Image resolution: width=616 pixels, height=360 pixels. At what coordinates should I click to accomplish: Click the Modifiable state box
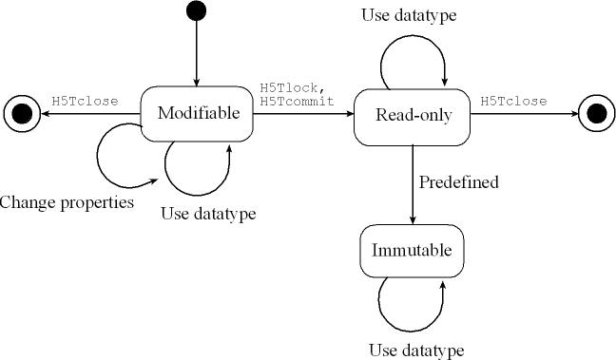(197, 114)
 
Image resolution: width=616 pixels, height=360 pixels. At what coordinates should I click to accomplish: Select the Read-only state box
(413, 118)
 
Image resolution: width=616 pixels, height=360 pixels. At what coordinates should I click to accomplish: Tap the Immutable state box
(413, 251)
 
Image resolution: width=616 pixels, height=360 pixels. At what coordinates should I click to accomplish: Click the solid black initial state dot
(196, 10)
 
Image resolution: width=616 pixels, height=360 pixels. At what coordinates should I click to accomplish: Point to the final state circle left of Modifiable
(22, 114)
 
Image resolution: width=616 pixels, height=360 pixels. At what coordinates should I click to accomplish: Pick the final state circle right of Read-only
(597, 113)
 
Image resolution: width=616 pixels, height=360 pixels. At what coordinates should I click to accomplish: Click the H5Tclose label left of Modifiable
(85, 102)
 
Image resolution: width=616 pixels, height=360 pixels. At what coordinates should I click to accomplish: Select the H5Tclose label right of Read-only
(513, 102)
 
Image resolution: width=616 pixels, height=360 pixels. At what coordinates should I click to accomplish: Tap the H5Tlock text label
(293, 88)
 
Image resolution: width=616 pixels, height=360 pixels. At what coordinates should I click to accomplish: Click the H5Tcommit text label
(297, 102)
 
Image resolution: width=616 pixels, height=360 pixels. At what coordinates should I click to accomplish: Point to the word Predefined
(458, 182)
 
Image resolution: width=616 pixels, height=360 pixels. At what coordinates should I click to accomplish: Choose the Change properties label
(67, 203)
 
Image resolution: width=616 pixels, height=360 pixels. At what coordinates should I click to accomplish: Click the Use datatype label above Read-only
(409, 15)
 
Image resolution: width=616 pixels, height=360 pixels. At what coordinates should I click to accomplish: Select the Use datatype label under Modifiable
(208, 214)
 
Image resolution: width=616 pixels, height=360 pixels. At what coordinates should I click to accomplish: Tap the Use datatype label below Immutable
(416, 350)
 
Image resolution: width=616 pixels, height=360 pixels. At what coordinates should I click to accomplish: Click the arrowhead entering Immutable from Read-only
(413, 219)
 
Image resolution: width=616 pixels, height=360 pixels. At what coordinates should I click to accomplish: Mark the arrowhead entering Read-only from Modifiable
(349, 114)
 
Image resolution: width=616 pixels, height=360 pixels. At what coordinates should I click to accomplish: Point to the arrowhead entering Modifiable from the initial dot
(196, 82)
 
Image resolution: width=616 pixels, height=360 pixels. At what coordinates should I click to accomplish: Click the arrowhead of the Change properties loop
(153, 181)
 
